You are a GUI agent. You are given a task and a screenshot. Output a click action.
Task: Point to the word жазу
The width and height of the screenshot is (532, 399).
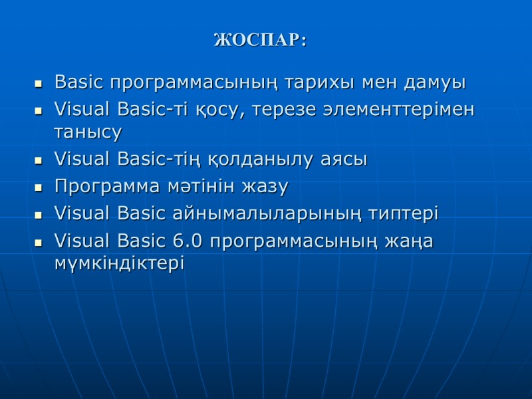click(x=266, y=188)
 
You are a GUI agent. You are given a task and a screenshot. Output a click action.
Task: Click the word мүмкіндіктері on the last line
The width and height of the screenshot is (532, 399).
click(x=119, y=263)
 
